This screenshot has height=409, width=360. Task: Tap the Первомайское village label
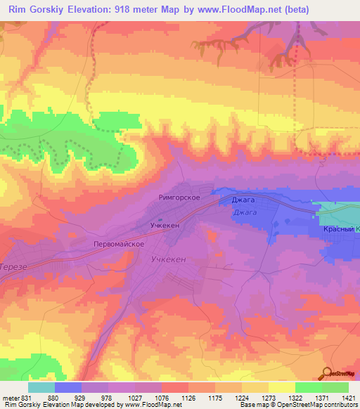(119, 243)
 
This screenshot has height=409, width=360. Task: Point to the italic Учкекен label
(169, 259)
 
